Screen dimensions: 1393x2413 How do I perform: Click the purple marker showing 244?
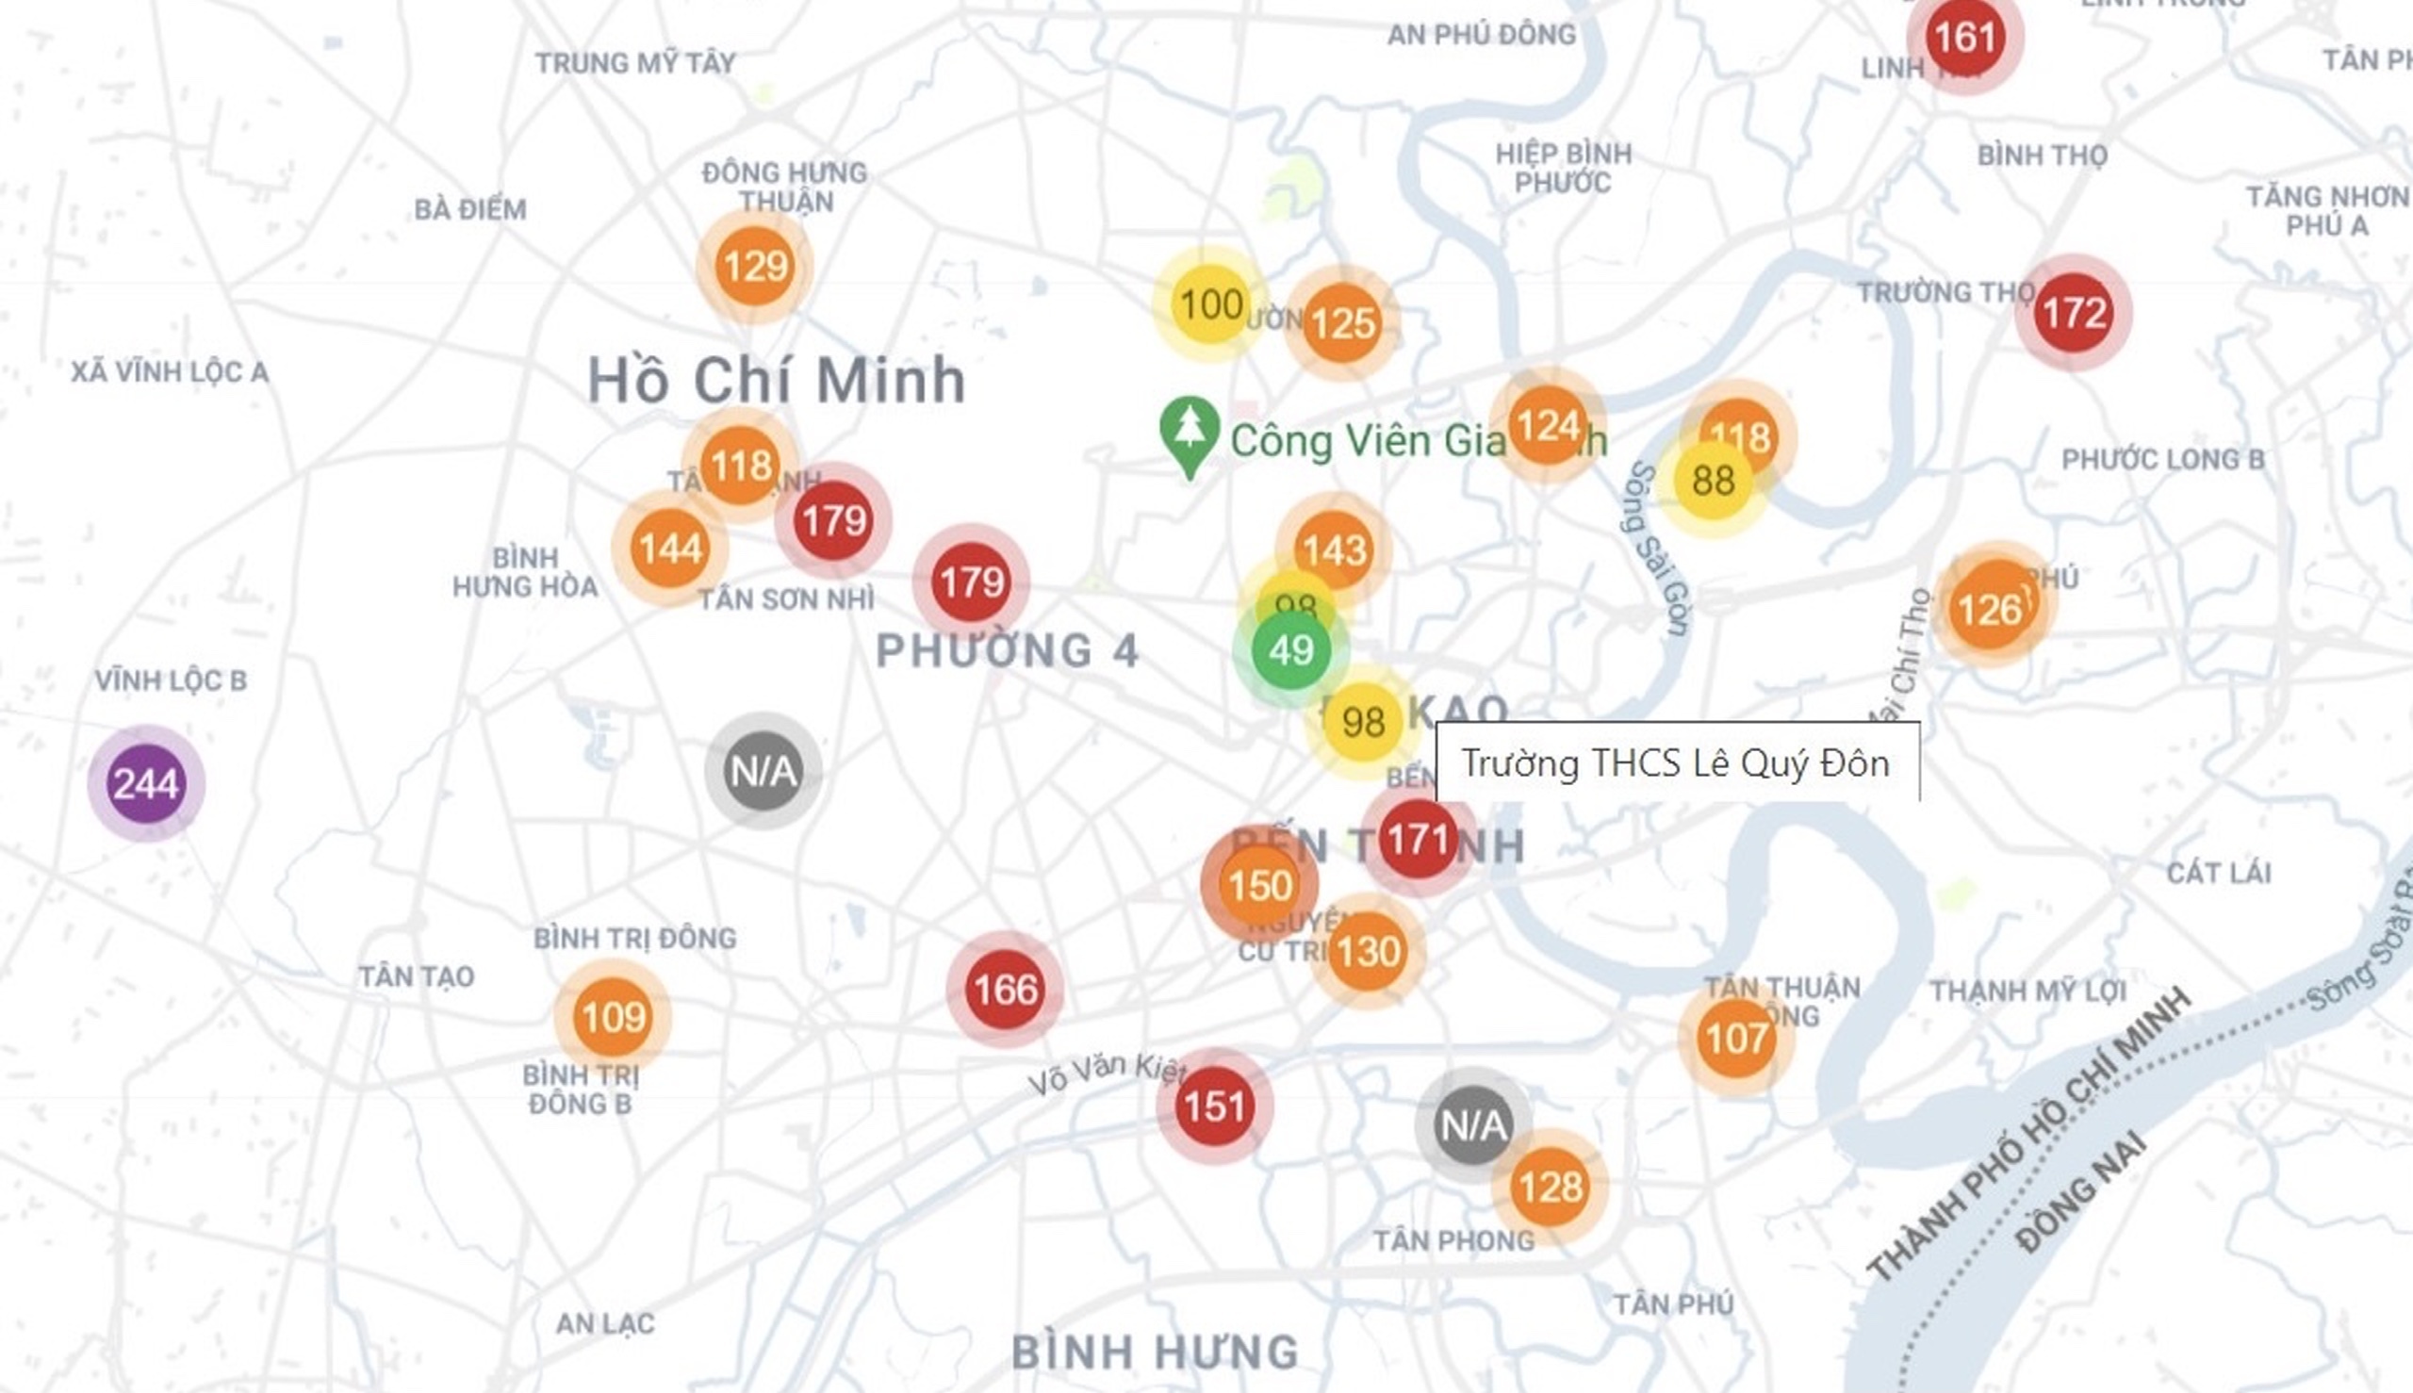(x=145, y=783)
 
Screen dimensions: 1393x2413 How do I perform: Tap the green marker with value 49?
(x=1290, y=650)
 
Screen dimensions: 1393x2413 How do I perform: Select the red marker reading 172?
(x=2074, y=313)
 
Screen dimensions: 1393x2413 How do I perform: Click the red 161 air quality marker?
(x=1964, y=38)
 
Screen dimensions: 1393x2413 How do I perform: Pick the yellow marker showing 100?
(x=1210, y=304)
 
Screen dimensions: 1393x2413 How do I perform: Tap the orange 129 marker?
(x=755, y=266)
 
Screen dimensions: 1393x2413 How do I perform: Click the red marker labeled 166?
(x=1005, y=990)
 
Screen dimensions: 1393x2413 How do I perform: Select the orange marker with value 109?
(x=613, y=1016)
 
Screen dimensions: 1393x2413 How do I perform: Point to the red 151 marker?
(x=1214, y=1106)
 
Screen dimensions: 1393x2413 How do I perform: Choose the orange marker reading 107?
(x=1735, y=1038)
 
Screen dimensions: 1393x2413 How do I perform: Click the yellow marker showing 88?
(x=1713, y=481)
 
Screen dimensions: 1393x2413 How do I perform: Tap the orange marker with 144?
(x=670, y=549)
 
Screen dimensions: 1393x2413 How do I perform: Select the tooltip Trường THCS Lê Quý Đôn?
(x=1676, y=763)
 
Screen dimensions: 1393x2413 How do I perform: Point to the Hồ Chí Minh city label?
(x=776, y=380)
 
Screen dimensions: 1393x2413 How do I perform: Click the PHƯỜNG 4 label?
(x=1007, y=650)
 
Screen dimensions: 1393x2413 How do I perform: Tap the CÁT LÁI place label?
(x=2218, y=873)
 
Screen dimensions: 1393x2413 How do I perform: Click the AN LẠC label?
(x=605, y=1323)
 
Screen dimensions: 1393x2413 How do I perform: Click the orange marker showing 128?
(x=1550, y=1188)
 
